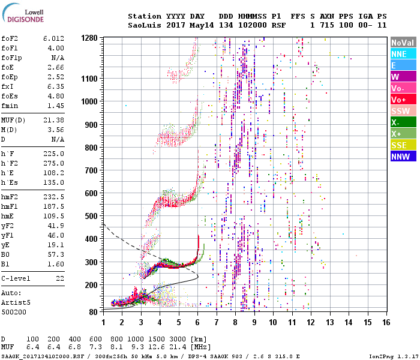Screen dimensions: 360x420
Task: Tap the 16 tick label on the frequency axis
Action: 386,322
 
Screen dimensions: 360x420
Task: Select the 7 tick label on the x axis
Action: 217,322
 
